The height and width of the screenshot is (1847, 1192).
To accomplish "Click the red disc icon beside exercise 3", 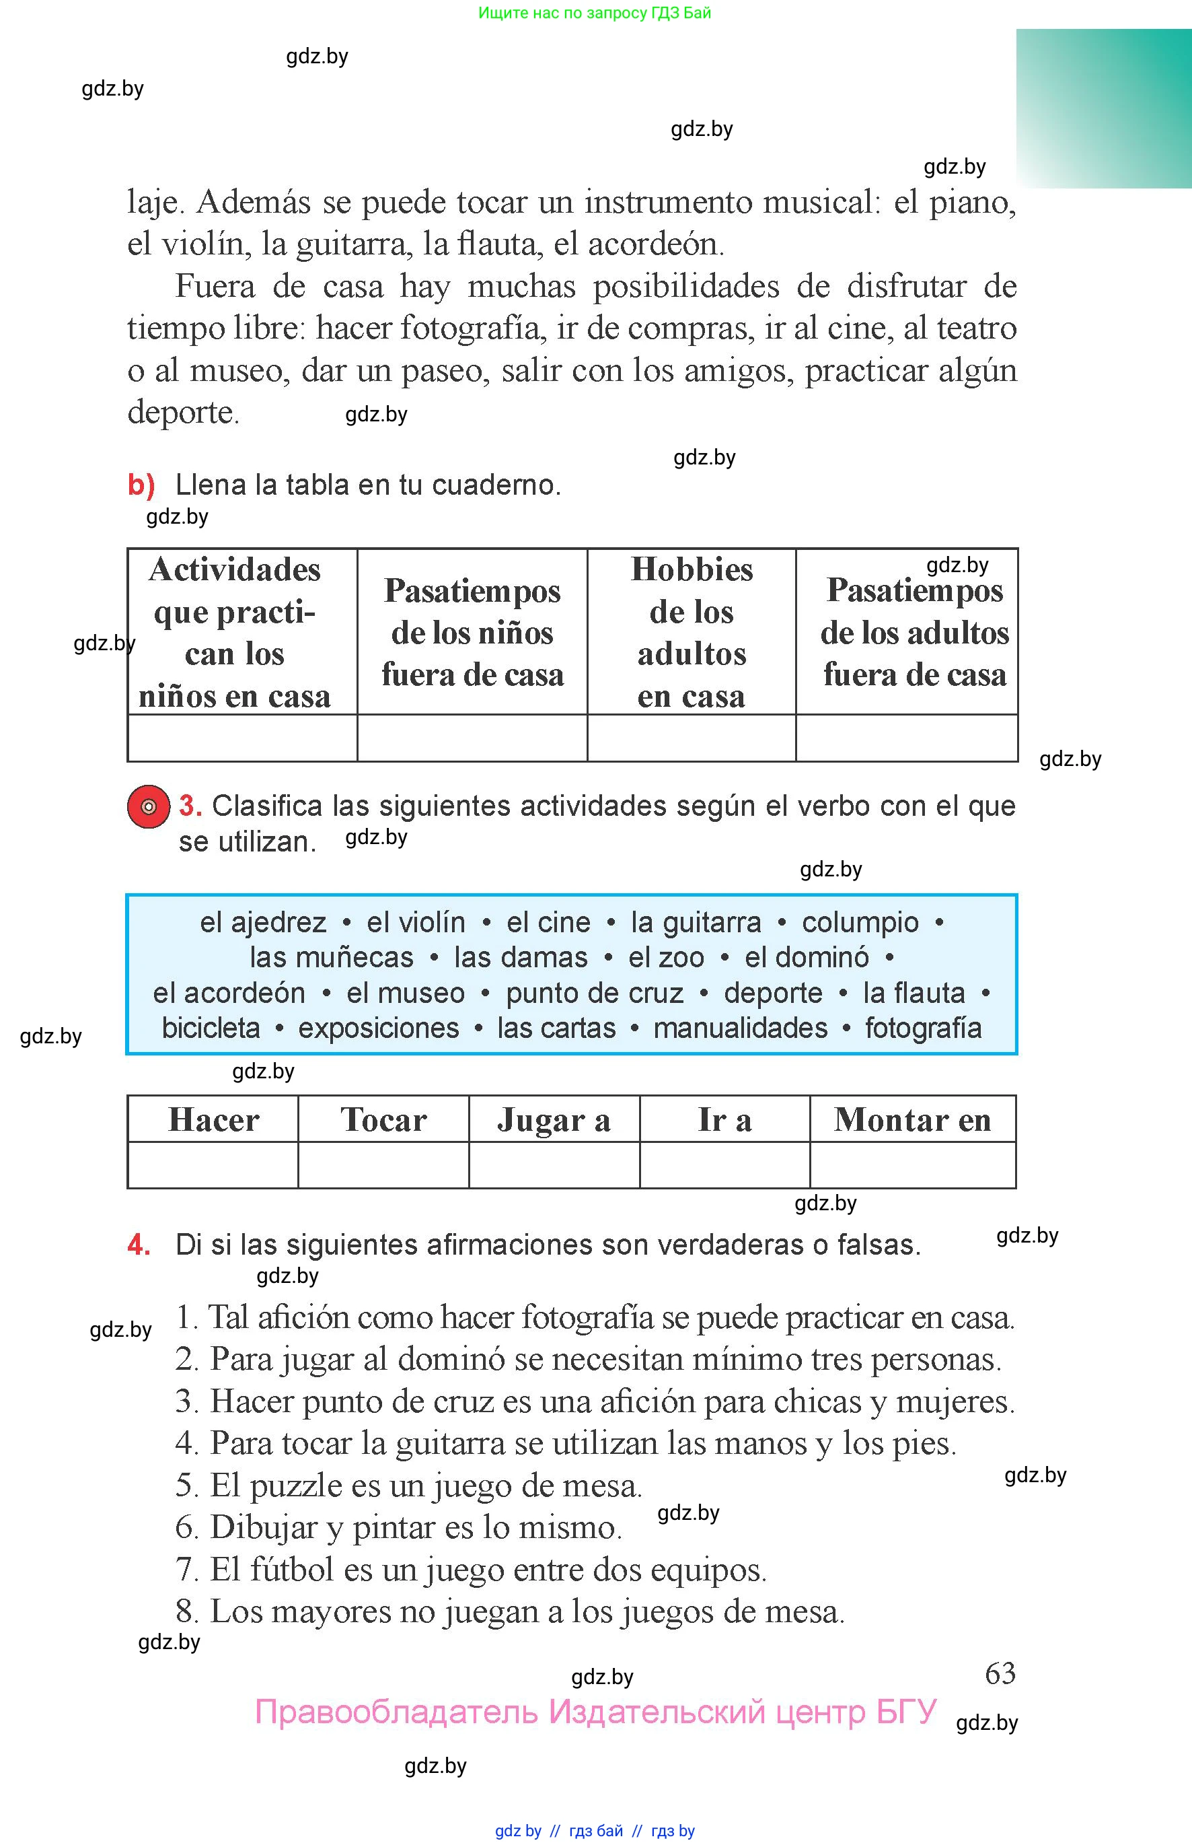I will [148, 806].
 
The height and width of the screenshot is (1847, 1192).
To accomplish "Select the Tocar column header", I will [383, 1120].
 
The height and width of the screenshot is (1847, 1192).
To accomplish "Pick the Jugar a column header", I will [554, 1120].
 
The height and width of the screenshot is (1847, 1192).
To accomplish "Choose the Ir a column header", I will [724, 1120].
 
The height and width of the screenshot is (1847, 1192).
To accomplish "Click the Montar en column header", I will [913, 1120].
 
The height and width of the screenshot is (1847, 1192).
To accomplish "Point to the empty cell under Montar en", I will [913, 1164].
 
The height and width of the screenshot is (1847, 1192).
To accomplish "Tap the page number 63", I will [1000, 1673].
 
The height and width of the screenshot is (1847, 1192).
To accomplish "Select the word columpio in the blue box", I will [860, 922].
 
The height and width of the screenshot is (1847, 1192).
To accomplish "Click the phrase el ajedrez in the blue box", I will [263, 922].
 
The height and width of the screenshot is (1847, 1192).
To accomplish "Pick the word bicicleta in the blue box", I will [211, 1028].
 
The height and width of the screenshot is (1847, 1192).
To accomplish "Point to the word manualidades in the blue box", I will [740, 1028].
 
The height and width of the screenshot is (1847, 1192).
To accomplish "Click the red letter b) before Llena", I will [141, 485].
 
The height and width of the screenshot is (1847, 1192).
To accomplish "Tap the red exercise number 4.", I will [139, 1245].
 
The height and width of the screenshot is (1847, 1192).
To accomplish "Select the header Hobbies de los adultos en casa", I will [692, 632].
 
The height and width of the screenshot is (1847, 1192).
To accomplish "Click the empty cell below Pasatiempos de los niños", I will [472, 738].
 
